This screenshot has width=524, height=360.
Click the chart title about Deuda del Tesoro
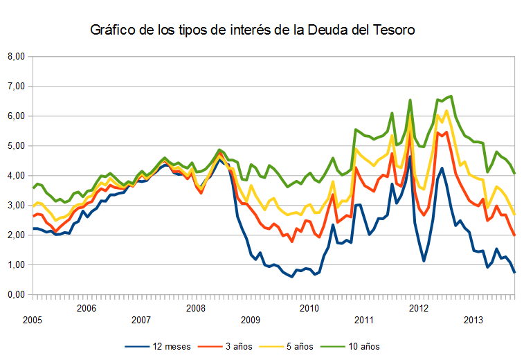252,30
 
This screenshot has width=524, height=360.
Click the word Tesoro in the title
392,30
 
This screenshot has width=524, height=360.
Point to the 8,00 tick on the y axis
15,57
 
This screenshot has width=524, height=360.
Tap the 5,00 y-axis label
15,146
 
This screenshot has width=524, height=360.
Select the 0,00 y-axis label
15,295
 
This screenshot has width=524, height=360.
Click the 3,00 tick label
15,206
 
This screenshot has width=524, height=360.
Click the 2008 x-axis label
196,307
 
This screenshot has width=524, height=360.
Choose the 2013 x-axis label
473,320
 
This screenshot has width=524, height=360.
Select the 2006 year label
86,307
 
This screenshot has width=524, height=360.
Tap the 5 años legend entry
291,345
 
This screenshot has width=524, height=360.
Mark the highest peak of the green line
451,96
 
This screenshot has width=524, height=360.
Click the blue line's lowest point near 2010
292,277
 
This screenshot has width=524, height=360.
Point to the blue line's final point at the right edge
514,272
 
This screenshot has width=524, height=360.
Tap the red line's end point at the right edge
514,235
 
